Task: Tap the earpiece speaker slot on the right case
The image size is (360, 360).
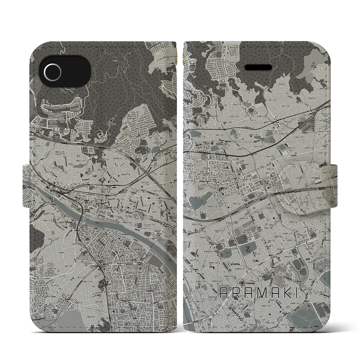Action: [x=258, y=69]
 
